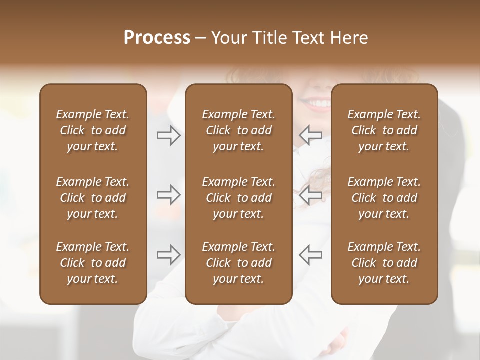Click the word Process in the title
click(x=157, y=38)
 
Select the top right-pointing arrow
click(x=169, y=135)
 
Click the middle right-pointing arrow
click(x=169, y=195)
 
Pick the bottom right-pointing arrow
click(x=169, y=255)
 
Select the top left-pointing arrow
click(x=310, y=135)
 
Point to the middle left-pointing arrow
click(x=310, y=195)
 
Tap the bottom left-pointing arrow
click(x=310, y=255)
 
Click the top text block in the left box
click(x=93, y=130)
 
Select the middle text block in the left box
click(x=93, y=198)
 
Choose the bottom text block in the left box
click(x=93, y=263)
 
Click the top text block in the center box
click(x=238, y=130)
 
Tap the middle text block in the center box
click(x=238, y=198)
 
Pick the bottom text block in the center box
click(x=238, y=263)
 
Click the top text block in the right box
click(x=384, y=130)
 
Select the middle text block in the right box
click(x=384, y=198)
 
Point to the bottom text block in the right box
click(x=384, y=263)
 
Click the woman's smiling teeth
click(x=318, y=104)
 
